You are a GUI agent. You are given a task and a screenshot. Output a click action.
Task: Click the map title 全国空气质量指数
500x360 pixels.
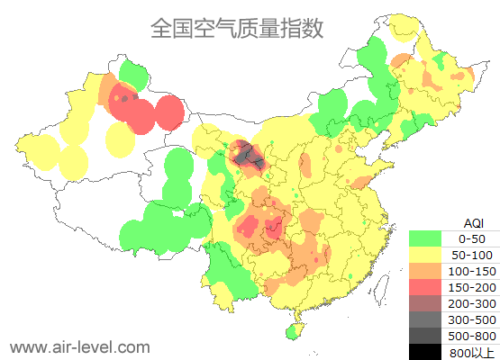[x=236, y=28]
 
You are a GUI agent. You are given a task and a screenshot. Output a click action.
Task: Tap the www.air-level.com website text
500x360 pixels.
[x=79, y=346]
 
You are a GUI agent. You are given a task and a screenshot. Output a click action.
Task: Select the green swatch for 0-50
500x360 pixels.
[x=425, y=238]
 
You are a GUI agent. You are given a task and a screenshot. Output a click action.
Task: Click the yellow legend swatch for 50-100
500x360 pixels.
[x=425, y=255]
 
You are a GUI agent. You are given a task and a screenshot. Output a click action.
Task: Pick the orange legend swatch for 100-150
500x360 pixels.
[x=425, y=271]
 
